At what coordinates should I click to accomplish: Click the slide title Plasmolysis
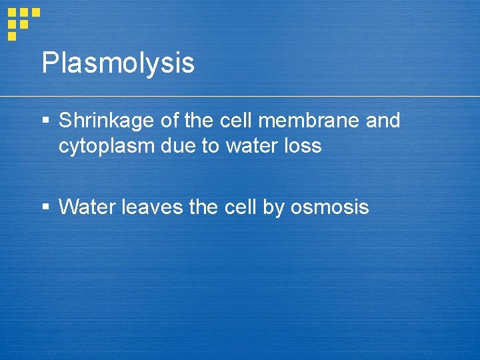(118, 63)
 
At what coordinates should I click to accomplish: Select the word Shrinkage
(107, 121)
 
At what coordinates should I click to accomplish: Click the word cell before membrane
(238, 121)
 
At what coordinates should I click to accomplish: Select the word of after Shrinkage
(169, 121)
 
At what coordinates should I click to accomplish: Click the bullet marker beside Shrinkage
(45, 121)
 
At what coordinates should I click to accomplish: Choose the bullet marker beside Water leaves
(45, 208)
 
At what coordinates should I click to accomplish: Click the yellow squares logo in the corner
(23, 23)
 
